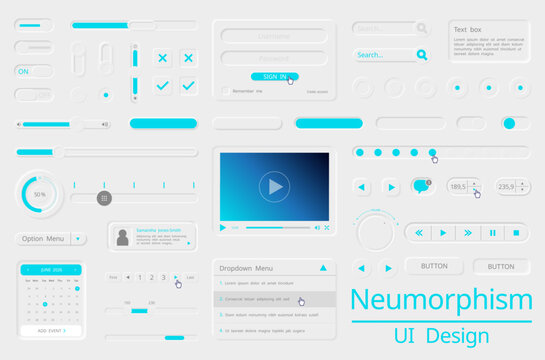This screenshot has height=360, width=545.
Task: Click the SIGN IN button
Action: tap(273, 76)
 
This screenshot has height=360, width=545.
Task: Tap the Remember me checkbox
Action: tap(225, 91)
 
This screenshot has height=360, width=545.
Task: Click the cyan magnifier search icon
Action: tap(422, 55)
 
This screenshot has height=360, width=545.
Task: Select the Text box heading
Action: tap(468, 30)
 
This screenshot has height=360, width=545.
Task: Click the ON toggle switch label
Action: tap(23, 71)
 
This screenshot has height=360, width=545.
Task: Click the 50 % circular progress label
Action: tap(39, 194)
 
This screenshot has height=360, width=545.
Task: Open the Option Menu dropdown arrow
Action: tap(78, 239)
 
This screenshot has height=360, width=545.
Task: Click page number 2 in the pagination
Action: tap(140, 277)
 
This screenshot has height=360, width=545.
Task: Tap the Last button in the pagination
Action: tap(190, 277)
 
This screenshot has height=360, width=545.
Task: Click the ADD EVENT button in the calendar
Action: tap(50, 330)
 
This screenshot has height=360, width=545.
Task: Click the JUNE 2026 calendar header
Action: tap(51, 270)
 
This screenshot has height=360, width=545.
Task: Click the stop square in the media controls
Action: tap(516, 233)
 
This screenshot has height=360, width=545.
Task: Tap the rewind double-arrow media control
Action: tap(419, 233)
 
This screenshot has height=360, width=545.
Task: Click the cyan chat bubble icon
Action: tap(420, 186)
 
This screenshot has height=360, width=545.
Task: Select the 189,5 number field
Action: tap(459, 186)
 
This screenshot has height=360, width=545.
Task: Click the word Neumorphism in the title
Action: tap(440, 299)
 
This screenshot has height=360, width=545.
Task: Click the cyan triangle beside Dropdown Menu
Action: tap(323, 268)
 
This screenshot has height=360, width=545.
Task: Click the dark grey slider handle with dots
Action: tap(104, 198)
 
